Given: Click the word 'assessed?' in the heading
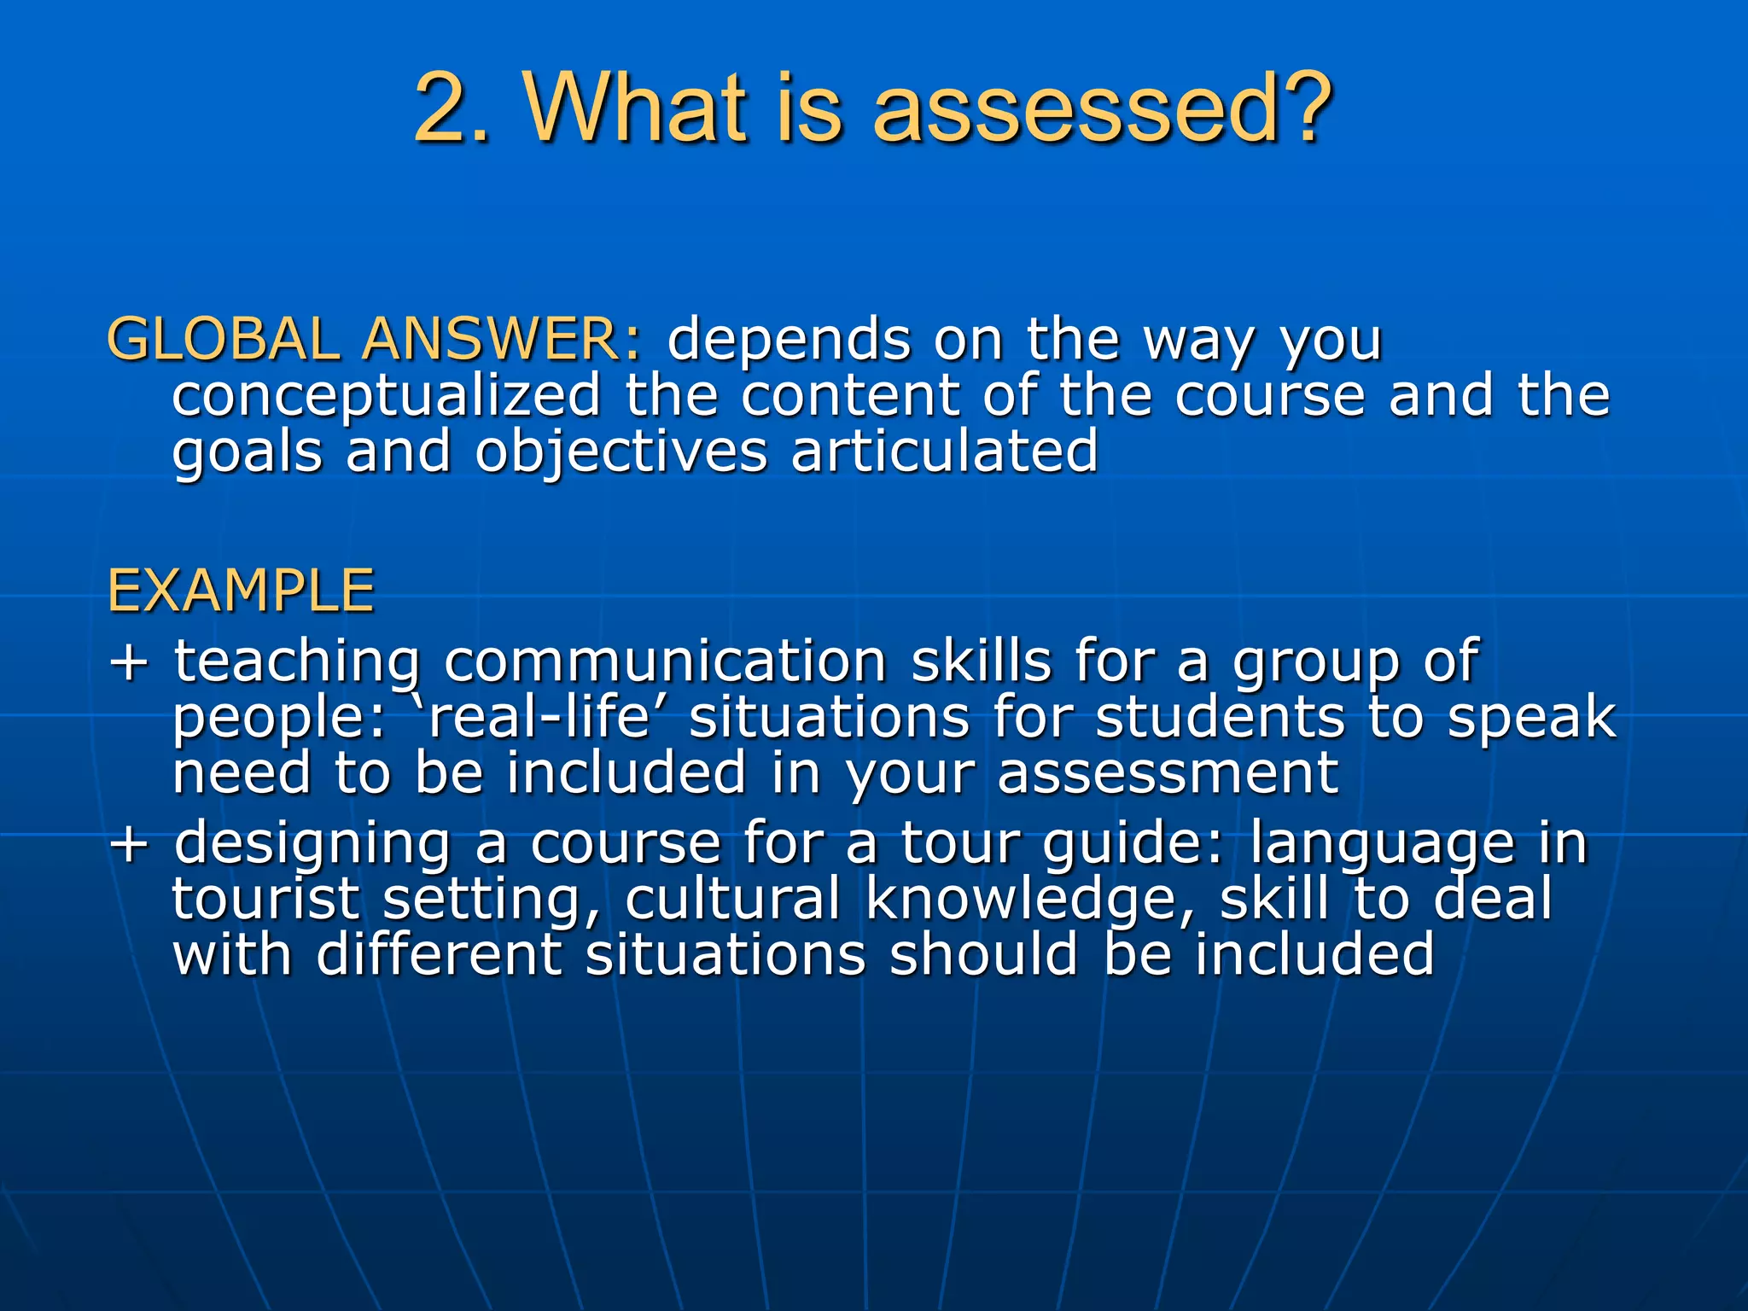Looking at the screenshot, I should (x=1102, y=109).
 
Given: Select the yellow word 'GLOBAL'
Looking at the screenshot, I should (x=223, y=340).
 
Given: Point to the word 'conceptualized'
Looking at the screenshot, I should (x=387, y=398).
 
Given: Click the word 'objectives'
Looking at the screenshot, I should (x=621, y=452).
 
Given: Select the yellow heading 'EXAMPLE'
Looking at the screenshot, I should (x=241, y=591).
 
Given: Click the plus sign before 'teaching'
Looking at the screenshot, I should (x=130, y=661).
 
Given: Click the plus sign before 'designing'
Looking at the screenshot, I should (x=130, y=843).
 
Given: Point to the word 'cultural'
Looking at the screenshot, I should (x=732, y=900).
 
